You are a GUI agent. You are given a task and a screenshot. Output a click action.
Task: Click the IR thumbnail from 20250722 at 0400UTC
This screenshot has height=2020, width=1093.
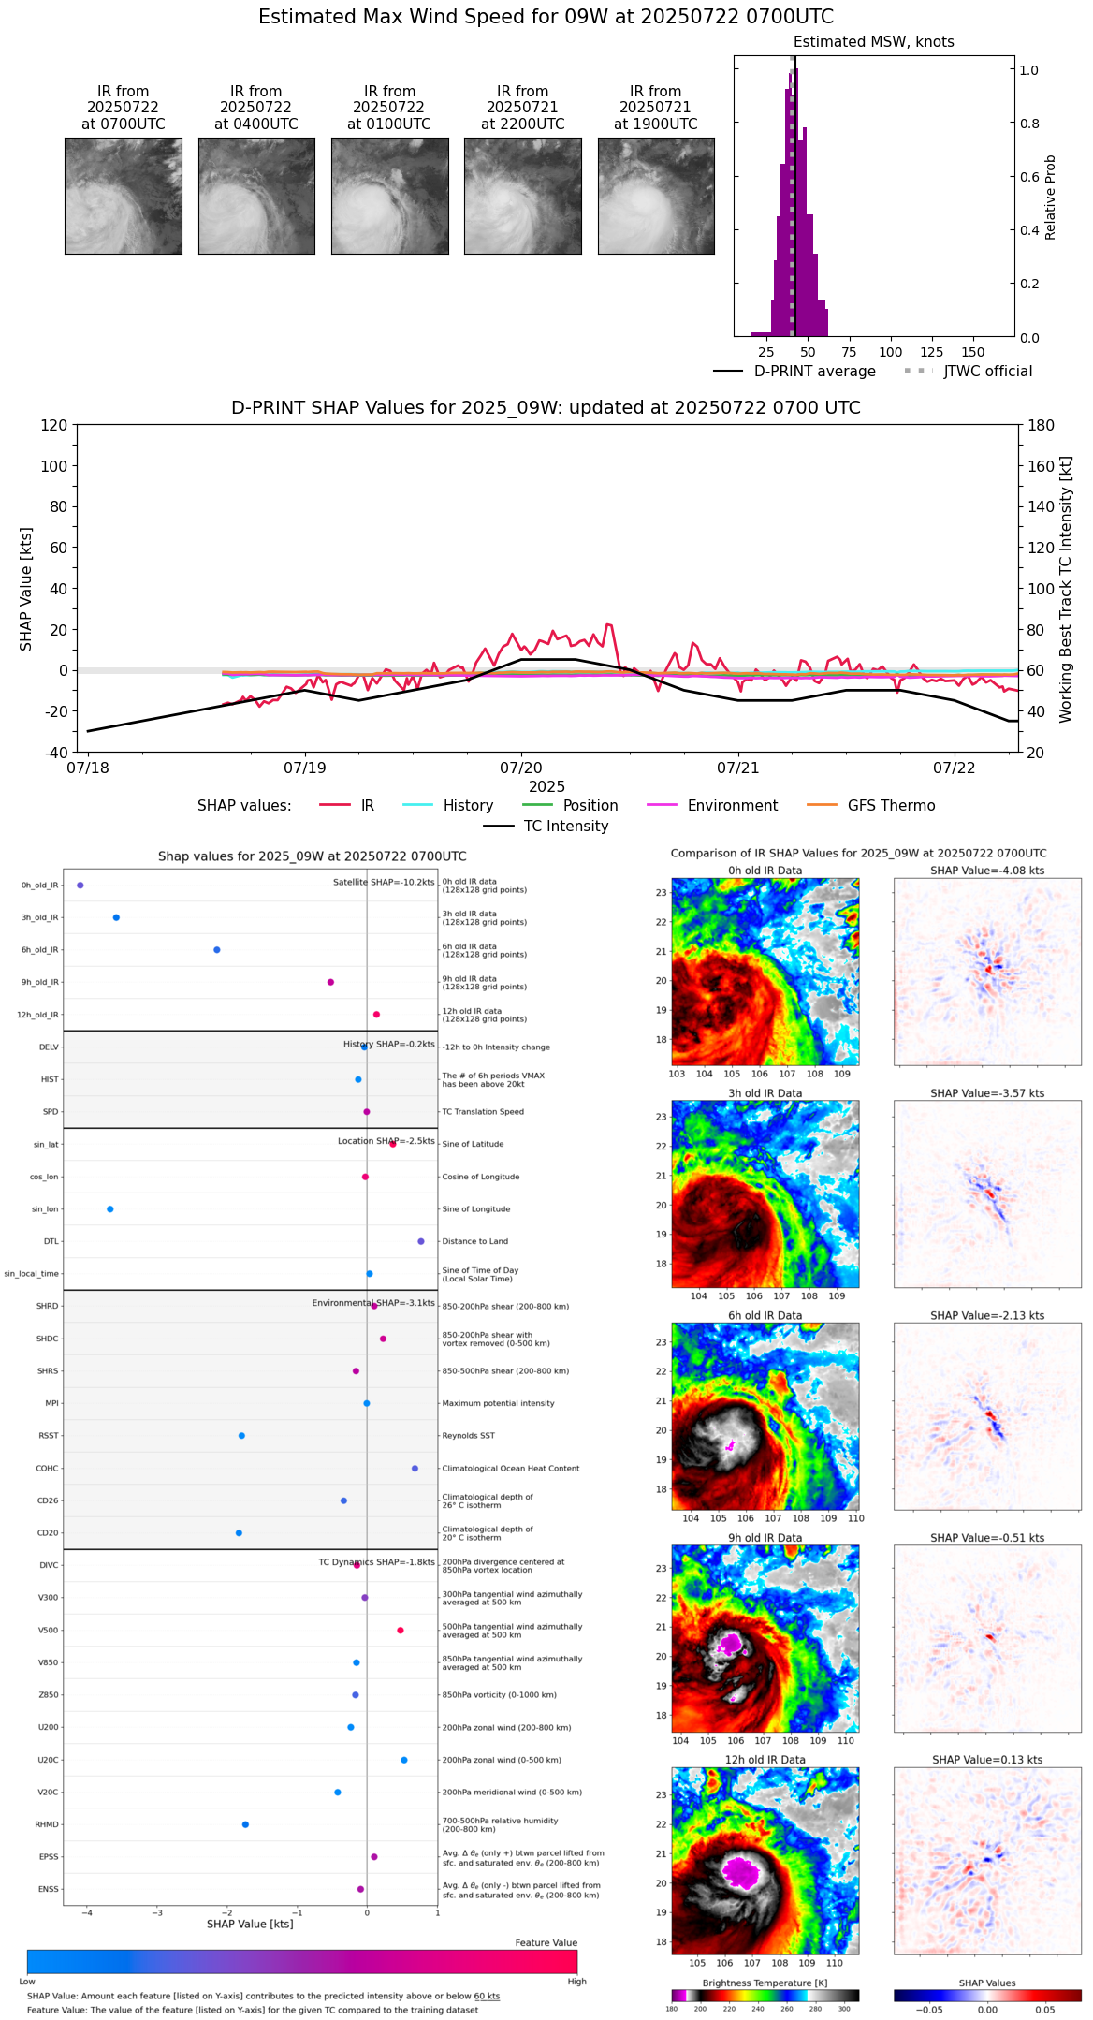point(256,196)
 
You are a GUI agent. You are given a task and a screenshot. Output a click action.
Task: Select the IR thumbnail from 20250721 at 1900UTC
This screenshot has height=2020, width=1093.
point(656,196)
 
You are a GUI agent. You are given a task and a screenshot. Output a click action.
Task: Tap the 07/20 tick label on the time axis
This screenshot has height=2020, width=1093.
point(521,768)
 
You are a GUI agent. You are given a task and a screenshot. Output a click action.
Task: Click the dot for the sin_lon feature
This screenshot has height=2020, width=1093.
point(110,1209)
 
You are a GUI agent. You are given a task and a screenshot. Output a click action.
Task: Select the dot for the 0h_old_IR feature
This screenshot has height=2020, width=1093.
point(80,886)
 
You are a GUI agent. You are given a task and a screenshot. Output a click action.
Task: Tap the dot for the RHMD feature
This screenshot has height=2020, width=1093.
point(245,1824)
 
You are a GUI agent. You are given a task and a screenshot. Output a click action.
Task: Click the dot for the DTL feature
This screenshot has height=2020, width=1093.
point(421,1241)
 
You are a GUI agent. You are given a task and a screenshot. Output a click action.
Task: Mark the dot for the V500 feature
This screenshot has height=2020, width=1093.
point(401,1631)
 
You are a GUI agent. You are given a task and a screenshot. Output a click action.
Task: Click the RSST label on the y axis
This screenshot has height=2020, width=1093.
point(48,1436)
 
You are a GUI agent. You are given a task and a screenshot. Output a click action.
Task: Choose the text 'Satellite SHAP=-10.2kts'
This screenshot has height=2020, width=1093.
point(384,883)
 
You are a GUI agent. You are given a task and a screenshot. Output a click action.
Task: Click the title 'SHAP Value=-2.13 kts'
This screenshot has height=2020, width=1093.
point(987,1316)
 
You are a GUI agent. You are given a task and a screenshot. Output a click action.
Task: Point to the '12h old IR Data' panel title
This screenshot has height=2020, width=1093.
point(765,1760)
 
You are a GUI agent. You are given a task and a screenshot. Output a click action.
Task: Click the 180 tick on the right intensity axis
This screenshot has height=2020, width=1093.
point(1042,426)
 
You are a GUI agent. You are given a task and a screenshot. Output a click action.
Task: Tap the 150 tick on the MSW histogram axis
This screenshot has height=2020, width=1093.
point(973,353)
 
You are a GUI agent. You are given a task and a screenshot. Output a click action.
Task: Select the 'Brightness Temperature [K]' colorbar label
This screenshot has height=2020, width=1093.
point(765,1983)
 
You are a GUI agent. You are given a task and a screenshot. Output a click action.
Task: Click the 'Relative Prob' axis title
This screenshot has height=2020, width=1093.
point(1051,198)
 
